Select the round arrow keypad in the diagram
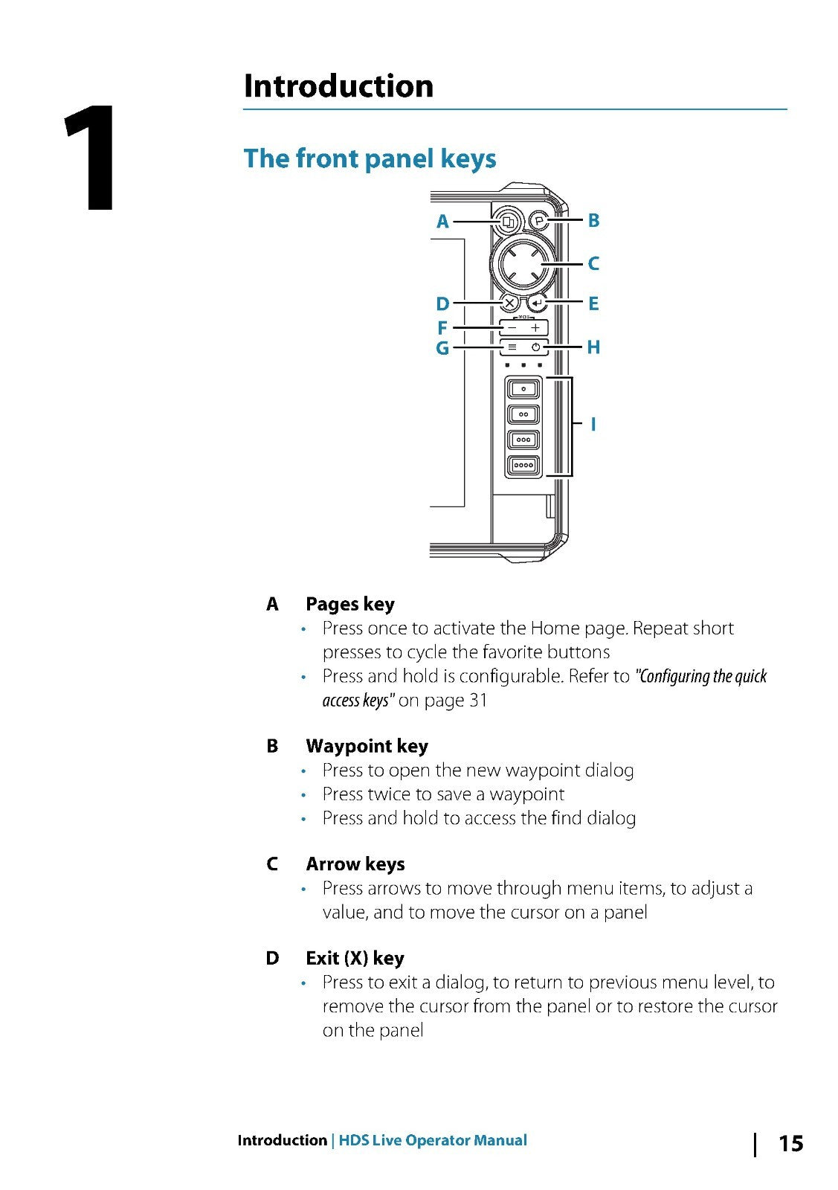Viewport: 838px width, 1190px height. [x=524, y=263]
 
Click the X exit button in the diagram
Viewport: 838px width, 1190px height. [x=509, y=303]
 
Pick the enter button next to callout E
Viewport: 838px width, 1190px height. [x=538, y=303]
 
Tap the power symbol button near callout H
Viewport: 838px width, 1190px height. [x=535, y=347]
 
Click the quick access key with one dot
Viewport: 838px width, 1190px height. [x=523, y=389]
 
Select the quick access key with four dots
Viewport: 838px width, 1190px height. [x=523, y=466]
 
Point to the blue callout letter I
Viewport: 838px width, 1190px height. [x=593, y=425]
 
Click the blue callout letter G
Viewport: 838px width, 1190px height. [x=442, y=348]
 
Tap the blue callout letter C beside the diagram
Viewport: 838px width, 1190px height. [x=593, y=263]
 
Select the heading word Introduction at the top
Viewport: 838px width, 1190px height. [x=338, y=86]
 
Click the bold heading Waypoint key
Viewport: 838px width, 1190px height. [x=367, y=746]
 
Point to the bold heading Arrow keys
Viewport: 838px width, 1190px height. [x=355, y=864]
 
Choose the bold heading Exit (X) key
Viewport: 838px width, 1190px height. [x=355, y=958]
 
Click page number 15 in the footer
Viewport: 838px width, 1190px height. [x=790, y=1143]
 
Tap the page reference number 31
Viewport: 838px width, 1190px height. [x=478, y=701]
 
